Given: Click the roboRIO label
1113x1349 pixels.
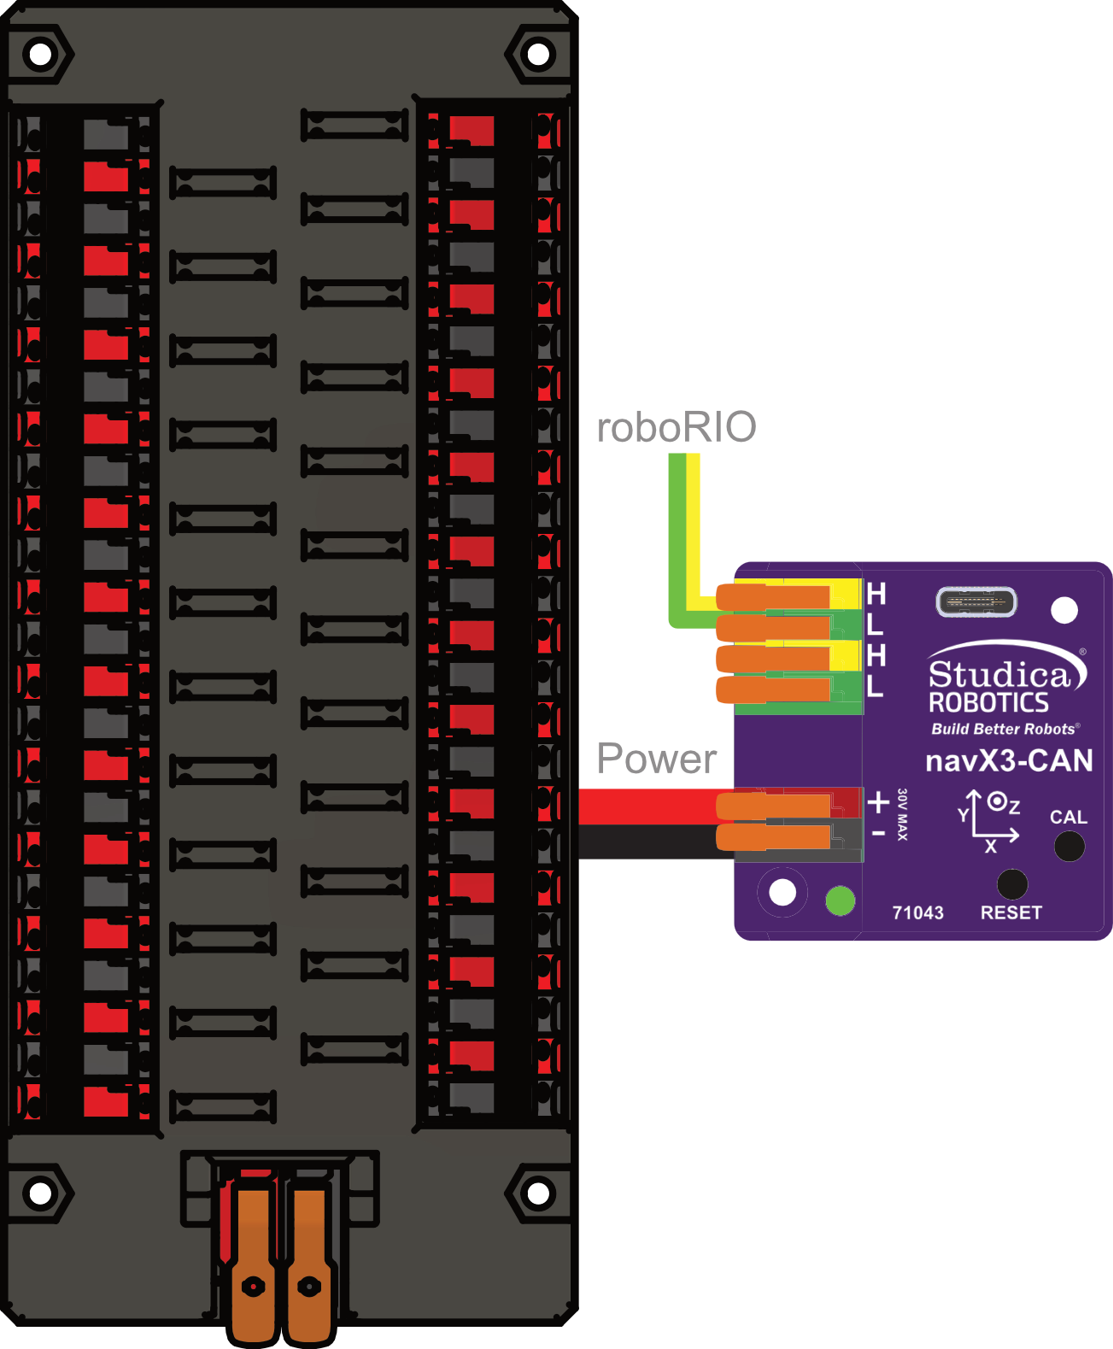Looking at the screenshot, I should [676, 427].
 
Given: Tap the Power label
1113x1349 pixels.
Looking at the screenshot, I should [656, 759].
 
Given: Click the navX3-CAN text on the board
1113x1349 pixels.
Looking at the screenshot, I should [1009, 760].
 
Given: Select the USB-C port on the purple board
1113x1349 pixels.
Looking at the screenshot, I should [976, 601].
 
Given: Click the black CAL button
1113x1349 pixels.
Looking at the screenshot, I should [1069, 846].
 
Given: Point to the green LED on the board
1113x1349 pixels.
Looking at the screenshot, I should [841, 900].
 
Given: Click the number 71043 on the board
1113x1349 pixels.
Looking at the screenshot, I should [917, 912].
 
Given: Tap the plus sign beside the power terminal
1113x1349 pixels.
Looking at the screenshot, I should [878, 802].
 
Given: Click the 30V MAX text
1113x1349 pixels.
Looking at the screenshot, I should [902, 814].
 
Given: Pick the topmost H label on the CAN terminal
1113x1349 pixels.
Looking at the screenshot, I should [876, 593].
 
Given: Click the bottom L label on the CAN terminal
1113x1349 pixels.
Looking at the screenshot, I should [875, 685].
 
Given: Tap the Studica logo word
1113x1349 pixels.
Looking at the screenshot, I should [999, 675].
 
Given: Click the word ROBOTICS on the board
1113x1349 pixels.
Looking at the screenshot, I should [988, 703].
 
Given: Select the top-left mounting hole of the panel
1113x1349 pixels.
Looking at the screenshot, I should [40, 54].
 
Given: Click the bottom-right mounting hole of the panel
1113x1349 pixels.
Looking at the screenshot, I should [538, 1192].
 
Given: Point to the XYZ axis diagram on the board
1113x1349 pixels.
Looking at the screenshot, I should [988, 821].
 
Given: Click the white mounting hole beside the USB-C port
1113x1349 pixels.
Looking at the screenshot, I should [1064, 610].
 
